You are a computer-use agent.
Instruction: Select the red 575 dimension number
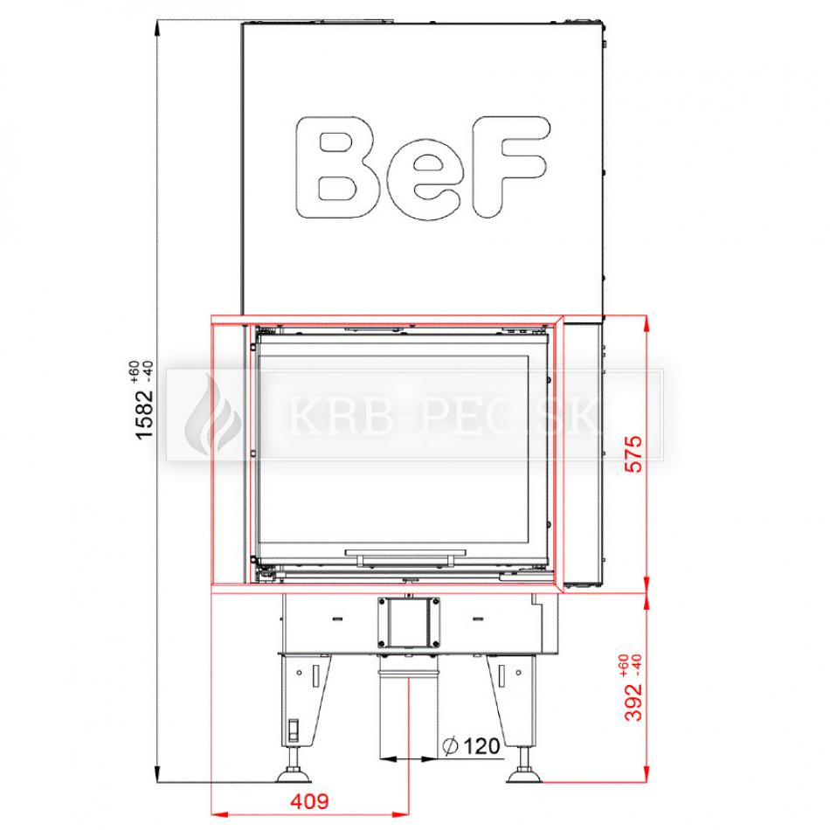pos(633,453)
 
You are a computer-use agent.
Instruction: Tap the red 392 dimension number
pos(633,702)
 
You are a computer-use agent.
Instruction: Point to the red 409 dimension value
pos(309,801)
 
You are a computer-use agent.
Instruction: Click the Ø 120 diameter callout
pos(471,746)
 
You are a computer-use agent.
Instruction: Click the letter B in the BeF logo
pos(338,167)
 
